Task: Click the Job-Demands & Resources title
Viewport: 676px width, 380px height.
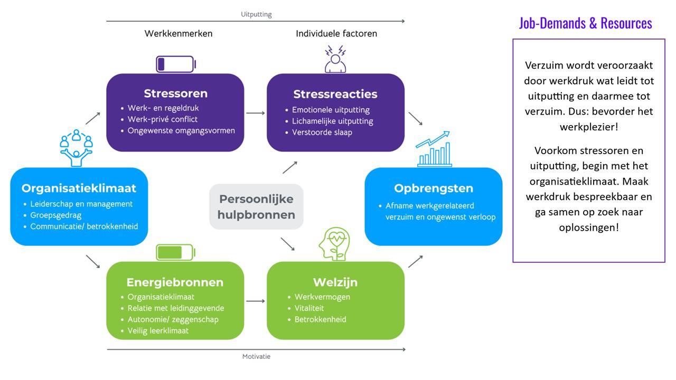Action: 585,23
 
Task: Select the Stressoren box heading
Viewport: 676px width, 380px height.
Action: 175,93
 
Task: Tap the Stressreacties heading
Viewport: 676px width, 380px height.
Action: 335,94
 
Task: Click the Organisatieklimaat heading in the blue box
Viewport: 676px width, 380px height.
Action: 79,188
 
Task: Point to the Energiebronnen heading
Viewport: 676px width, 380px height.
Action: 175,282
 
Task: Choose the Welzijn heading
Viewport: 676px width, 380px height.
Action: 335,282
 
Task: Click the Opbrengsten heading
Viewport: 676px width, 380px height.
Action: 433,188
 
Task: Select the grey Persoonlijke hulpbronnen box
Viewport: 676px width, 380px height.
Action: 256,206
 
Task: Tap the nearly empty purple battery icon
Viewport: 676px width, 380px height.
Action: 176,64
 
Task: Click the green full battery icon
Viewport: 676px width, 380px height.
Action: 176,252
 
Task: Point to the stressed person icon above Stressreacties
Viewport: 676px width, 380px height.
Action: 335,59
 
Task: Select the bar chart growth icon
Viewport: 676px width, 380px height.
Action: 433,149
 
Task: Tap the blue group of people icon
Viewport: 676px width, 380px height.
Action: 77,147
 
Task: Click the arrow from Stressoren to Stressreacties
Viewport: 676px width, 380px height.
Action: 256,112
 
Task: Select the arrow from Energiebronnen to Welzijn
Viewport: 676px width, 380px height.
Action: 256,301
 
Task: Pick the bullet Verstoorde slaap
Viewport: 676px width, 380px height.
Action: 322,132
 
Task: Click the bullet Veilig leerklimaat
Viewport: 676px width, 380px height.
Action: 158,330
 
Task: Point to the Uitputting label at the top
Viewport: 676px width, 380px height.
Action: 256,14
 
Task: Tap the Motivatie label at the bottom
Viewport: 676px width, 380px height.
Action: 256,356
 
